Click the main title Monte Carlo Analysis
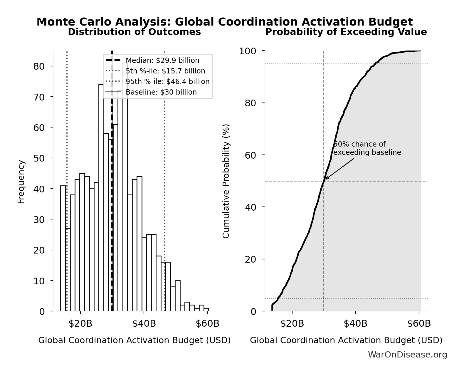(x=224, y=22)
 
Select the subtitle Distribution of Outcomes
(x=134, y=32)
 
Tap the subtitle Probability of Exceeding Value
(x=346, y=32)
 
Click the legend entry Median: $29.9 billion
(x=162, y=61)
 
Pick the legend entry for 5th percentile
(x=165, y=71)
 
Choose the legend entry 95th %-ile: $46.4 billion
(x=167, y=82)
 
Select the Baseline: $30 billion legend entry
(x=161, y=92)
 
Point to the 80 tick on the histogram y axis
(x=39, y=66)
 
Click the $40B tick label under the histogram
(x=144, y=324)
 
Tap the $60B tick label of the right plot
(x=419, y=324)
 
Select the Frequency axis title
(x=21, y=182)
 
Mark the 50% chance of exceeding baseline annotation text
(x=367, y=148)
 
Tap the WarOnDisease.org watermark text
(x=407, y=355)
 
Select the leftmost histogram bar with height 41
(x=63, y=248)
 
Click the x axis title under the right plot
(x=346, y=340)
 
